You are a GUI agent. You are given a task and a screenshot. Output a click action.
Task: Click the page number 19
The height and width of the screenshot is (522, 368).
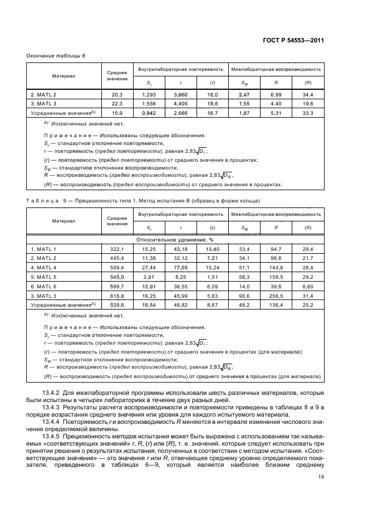tap(321, 476)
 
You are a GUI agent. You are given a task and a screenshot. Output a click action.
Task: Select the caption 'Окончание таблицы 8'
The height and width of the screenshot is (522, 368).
tap(56, 56)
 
